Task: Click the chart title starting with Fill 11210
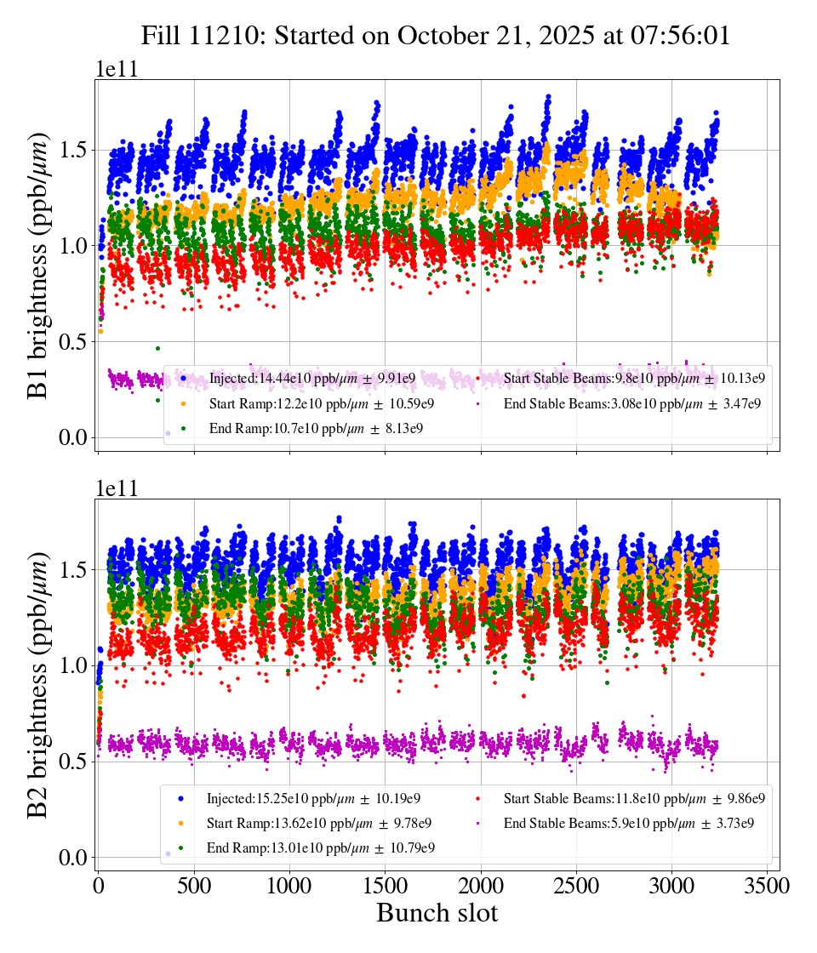[x=436, y=35]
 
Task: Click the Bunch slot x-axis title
[x=437, y=913]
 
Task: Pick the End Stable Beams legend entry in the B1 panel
[x=630, y=403]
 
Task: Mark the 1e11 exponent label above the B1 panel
[x=116, y=70]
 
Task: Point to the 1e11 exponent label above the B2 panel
[x=116, y=489]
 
